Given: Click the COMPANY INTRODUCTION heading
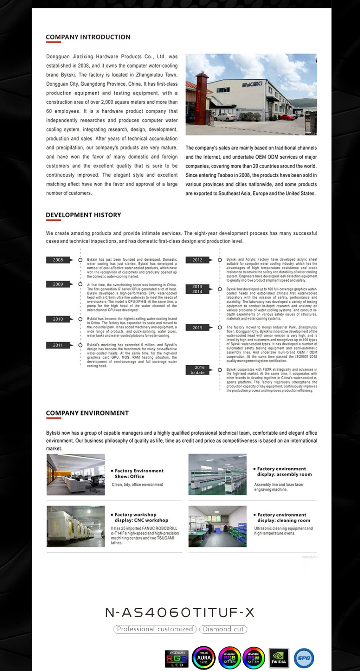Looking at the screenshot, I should coord(88,37).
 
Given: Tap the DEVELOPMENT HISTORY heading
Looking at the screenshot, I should coord(84,215).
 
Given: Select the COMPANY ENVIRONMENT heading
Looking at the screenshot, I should coord(87,413).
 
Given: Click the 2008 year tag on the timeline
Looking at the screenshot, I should coord(58,260).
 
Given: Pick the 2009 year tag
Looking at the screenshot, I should coord(58,284).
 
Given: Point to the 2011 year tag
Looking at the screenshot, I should coord(58,345).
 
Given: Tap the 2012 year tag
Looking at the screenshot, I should coord(198,260).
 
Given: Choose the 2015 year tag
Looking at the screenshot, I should coord(198,328).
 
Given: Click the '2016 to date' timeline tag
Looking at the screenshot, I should coord(198,370).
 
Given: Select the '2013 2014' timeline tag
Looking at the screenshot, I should coord(198,289).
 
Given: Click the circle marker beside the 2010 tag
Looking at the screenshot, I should coord(80,319).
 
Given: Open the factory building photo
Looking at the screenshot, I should coord(251,94).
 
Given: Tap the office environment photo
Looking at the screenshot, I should coord(76,475).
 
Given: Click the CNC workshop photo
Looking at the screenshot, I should coord(76,527).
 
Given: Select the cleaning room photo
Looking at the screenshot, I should coord(217,527).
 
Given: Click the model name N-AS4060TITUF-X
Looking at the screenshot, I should coord(180,613).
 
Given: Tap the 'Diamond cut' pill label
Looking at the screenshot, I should coord(223,629).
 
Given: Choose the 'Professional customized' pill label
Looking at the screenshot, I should coord(155,629).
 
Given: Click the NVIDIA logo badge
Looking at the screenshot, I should coord(279,658).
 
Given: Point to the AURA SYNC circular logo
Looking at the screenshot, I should coord(204,658).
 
